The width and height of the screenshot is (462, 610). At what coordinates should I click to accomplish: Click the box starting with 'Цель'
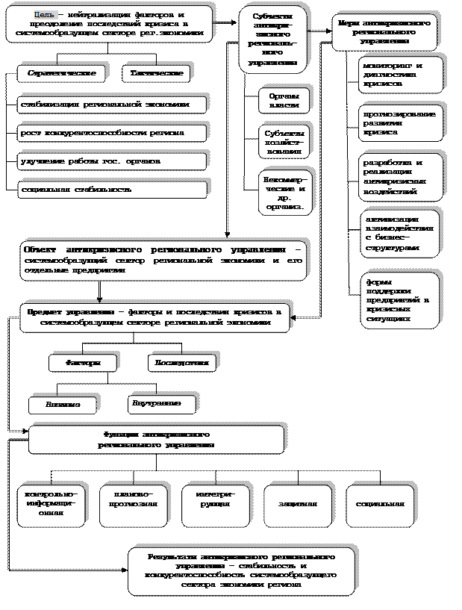[109, 25]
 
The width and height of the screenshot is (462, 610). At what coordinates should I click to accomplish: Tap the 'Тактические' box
[156, 74]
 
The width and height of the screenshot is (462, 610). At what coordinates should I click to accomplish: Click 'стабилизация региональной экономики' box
[112, 105]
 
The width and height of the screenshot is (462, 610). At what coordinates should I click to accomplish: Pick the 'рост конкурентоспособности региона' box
[112, 133]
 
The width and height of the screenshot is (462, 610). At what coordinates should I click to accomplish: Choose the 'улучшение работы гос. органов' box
[112, 161]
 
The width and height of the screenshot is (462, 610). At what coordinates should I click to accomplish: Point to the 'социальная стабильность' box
[112, 190]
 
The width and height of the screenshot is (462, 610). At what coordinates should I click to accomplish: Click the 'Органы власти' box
[284, 100]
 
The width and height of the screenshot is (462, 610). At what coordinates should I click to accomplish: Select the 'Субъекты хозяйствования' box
[284, 141]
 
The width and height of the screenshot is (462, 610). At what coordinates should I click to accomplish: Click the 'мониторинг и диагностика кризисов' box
[400, 75]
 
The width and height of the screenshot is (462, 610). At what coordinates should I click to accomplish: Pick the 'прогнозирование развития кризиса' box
[400, 122]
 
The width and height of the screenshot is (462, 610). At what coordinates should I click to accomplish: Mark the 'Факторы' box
[83, 363]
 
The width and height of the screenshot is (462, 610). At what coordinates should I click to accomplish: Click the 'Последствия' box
[181, 363]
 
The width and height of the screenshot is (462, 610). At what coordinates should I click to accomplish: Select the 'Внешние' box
[63, 405]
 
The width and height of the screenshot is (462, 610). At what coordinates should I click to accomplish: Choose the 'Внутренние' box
[161, 404]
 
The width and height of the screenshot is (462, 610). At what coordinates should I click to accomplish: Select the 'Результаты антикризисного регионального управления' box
[241, 571]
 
